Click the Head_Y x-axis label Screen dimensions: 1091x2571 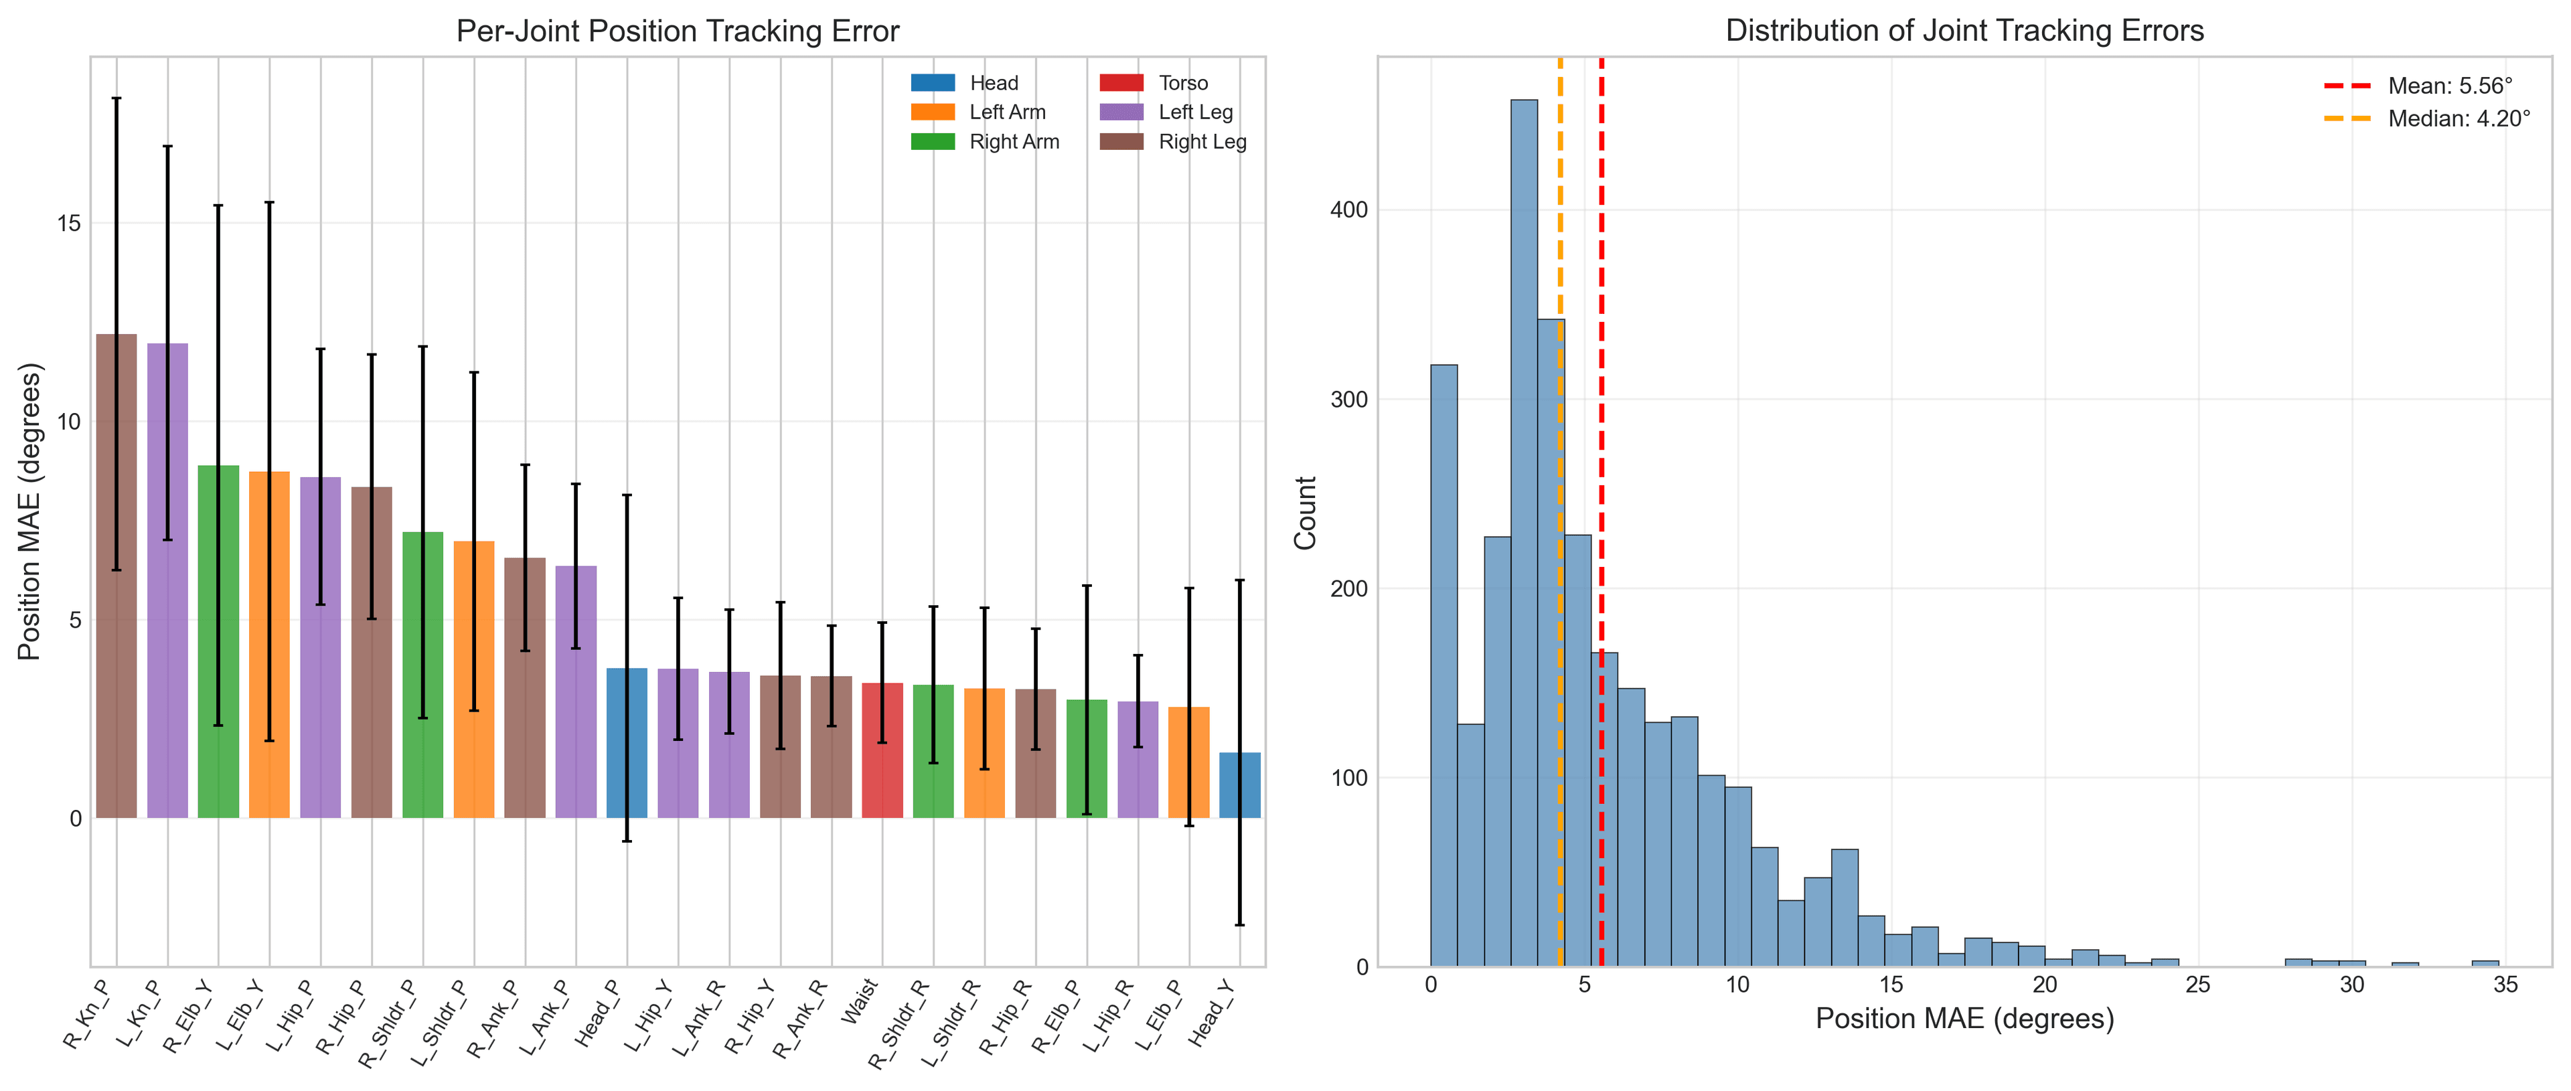click(1213, 1014)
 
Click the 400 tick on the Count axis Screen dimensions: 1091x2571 click(1348, 211)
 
